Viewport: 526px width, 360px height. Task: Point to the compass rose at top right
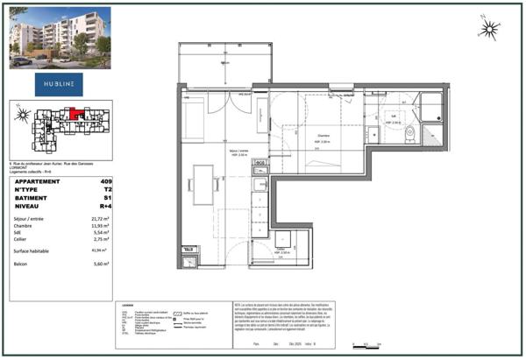[488, 30]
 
